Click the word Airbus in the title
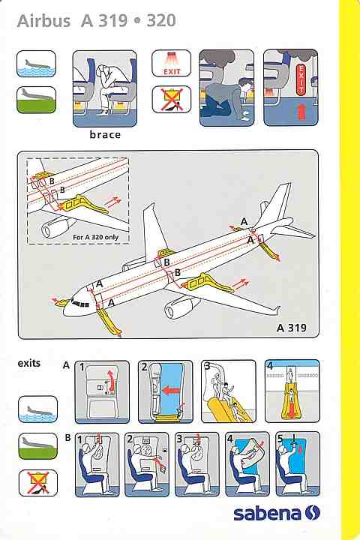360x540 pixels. tap(43, 21)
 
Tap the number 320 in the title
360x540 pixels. tap(161, 21)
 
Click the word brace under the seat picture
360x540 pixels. tap(105, 134)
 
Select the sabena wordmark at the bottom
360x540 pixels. tap(267, 513)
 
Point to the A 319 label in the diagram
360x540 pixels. tap(292, 328)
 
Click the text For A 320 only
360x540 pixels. tap(95, 237)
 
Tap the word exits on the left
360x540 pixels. tap(29, 363)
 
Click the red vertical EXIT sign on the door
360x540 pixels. tap(301, 79)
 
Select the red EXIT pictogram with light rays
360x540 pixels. tap(172, 63)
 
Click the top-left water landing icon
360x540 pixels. tap(36, 64)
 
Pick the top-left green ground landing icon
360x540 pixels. tap(36, 100)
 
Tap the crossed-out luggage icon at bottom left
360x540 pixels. tap(38, 483)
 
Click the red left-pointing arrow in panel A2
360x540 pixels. tap(172, 391)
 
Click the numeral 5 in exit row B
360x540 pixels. tap(280, 439)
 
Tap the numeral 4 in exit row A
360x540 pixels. tap(270, 366)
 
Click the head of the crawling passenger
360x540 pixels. tap(245, 85)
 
